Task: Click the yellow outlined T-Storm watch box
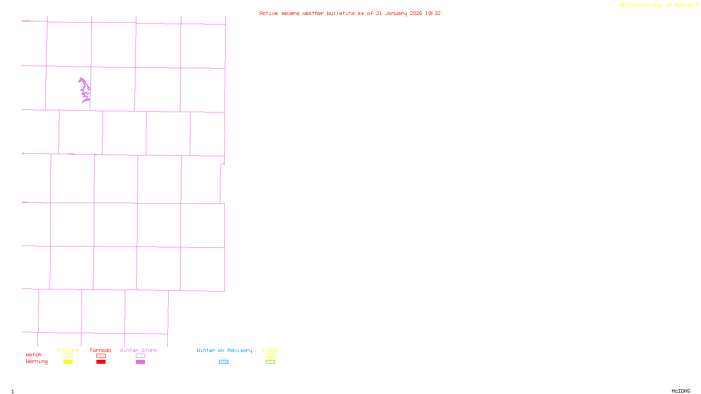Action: [68, 356]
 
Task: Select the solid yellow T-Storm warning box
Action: [68, 362]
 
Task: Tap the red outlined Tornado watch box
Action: [101, 356]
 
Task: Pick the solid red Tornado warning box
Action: [101, 362]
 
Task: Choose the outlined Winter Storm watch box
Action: [140, 356]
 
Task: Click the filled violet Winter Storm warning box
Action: [140, 362]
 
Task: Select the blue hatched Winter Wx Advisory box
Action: [223, 362]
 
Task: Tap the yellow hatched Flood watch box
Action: [270, 356]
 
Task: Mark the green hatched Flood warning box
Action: [270, 362]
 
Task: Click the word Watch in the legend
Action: [34, 355]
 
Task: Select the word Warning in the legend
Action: [36, 362]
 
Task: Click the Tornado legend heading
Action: [100, 350]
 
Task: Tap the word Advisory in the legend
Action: [240, 350]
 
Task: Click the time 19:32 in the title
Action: [433, 13]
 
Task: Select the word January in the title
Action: [396, 13]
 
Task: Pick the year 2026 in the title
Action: [416, 13]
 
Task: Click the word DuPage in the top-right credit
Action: [684, 5]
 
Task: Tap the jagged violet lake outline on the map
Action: [85, 90]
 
